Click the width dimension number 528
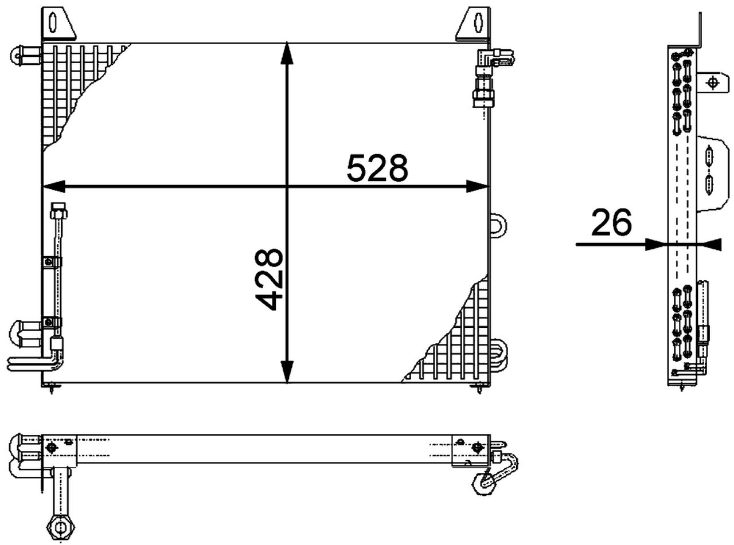377,168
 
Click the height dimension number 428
269,279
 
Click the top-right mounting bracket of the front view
475,23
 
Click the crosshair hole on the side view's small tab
713,83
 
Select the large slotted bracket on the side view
711,172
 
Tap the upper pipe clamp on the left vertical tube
52,262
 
